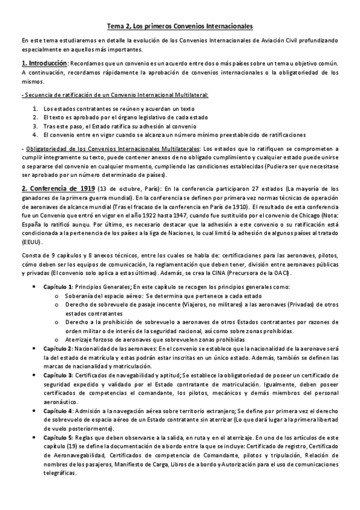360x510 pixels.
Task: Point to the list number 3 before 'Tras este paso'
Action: (35, 127)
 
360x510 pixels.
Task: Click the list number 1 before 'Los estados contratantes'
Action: (35, 109)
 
